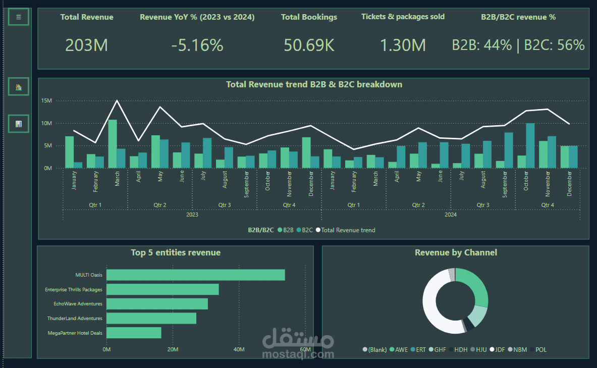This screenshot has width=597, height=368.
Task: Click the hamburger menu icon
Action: pyautogui.click(x=18, y=17)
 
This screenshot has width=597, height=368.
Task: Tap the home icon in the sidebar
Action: pyautogui.click(x=18, y=87)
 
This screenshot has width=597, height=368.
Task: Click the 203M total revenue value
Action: pyautogui.click(x=86, y=45)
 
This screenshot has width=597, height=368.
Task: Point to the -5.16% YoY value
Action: pyautogui.click(x=197, y=45)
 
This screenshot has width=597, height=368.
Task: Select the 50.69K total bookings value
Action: pyautogui.click(x=309, y=45)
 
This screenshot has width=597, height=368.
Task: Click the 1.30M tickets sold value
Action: pyautogui.click(x=403, y=45)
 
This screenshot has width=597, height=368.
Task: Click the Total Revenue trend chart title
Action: pyautogui.click(x=314, y=84)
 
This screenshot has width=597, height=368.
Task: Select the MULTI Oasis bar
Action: pyautogui.click(x=196, y=275)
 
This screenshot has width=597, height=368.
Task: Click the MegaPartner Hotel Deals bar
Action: pyautogui.click(x=134, y=333)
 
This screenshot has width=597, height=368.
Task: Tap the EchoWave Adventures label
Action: pyautogui.click(x=78, y=303)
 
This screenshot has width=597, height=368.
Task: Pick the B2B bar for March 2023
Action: pyautogui.click(x=113, y=144)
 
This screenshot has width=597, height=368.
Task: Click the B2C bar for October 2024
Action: pyautogui.click(x=530, y=145)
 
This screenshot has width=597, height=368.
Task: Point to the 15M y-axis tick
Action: pyautogui.click(x=46, y=100)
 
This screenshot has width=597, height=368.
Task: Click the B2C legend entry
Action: pyautogui.click(x=305, y=230)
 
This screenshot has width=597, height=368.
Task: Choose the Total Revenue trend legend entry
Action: pyautogui.click(x=346, y=230)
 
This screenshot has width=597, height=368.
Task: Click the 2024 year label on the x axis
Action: pyautogui.click(x=451, y=215)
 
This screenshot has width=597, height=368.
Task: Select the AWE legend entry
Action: pyautogui.click(x=399, y=350)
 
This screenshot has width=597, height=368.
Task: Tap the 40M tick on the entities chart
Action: pyautogui.click(x=239, y=349)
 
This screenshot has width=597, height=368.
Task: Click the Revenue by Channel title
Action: pyautogui.click(x=456, y=252)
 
